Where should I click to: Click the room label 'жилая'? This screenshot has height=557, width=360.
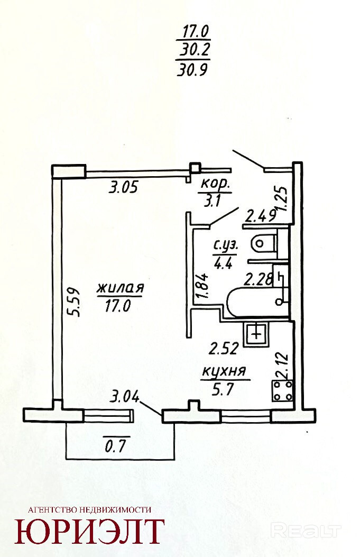coord(120,288)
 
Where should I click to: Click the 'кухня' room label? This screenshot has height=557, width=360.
coord(225,371)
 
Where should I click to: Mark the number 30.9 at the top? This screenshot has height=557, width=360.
coord(193,70)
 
